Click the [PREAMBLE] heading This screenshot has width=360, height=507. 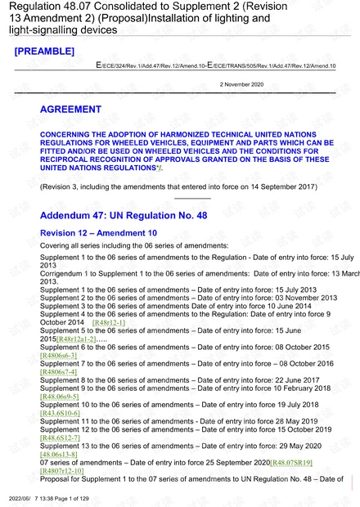45,52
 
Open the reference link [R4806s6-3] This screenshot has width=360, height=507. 58,356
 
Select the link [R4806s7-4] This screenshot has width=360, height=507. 58,372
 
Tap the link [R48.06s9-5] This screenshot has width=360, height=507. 60,397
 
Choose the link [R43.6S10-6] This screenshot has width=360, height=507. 60,413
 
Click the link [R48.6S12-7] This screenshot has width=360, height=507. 60,437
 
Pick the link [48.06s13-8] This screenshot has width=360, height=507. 58,454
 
